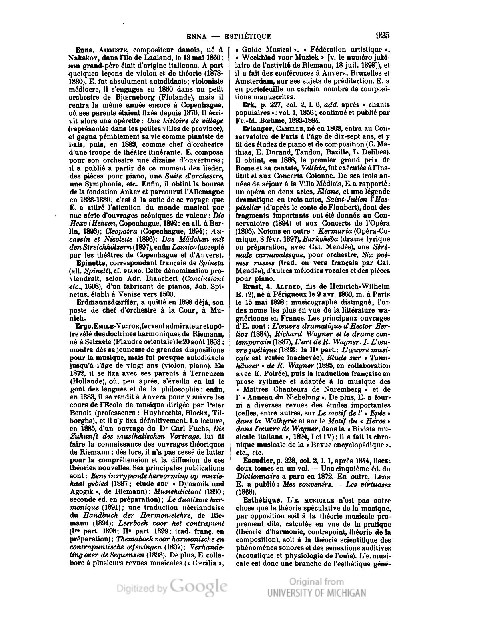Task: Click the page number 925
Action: [x=383, y=36]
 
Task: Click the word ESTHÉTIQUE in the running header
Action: [x=248, y=36]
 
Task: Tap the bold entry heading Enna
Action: [x=85, y=50]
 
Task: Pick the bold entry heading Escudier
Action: [x=259, y=461]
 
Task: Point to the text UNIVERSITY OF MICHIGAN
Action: [x=316, y=593]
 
